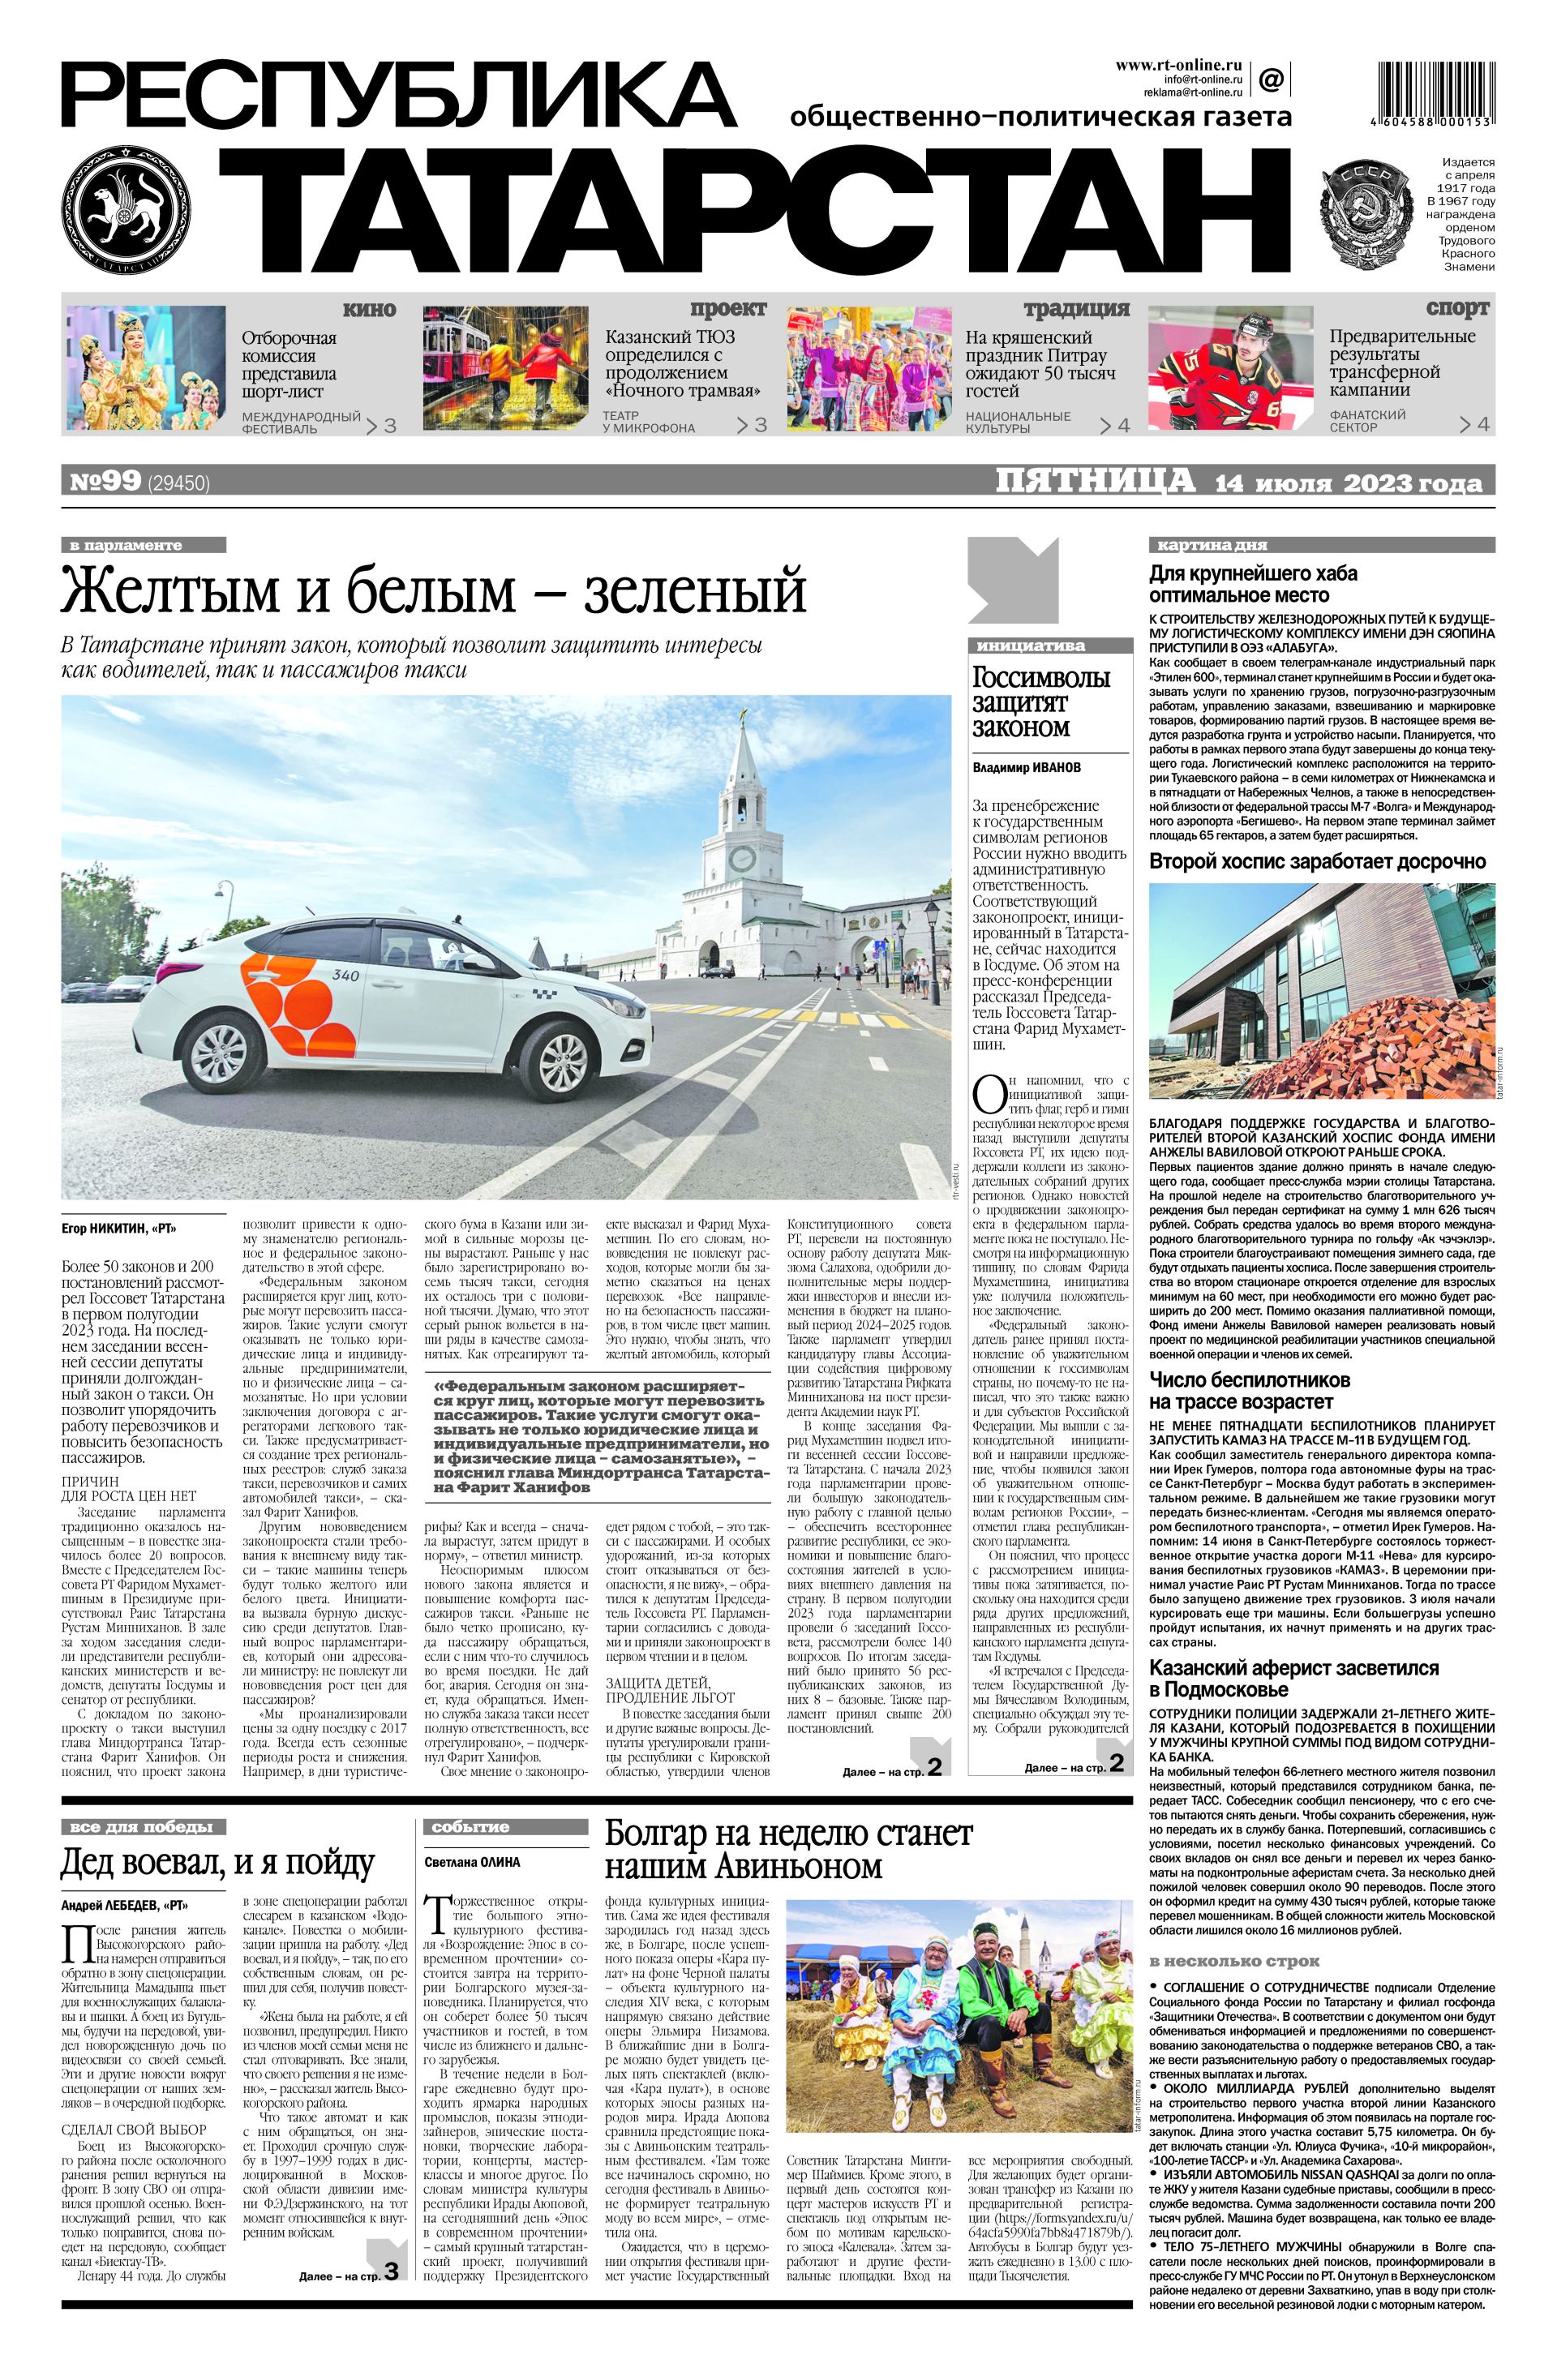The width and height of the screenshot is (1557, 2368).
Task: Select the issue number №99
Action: click(x=105, y=483)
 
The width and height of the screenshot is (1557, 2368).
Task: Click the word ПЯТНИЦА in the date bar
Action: click(x=1095, y=482)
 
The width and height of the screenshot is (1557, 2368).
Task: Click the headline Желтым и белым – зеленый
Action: click(x=433, y=591)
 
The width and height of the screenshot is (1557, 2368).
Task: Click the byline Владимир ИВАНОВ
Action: click(x=1026, y=768)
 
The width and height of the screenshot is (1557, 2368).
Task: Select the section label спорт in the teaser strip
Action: click(x=1456, y=308)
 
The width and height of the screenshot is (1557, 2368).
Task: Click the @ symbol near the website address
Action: click(x=1271, y=78)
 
